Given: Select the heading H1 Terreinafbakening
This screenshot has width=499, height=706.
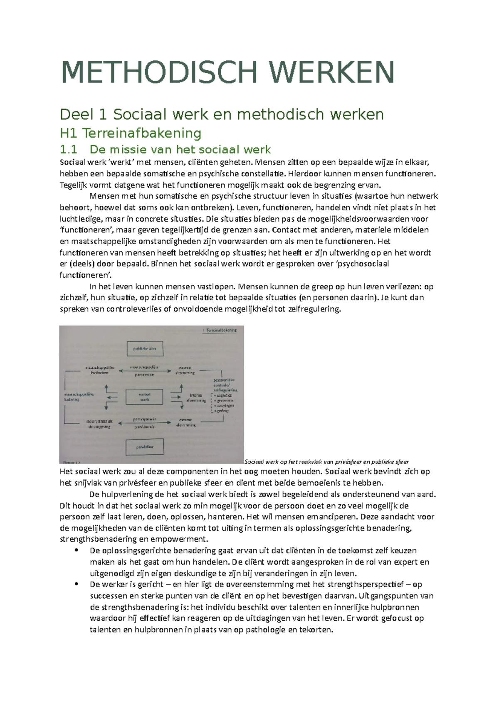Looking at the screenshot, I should click(131, 133).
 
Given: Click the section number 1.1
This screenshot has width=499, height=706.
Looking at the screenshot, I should click(69, 149).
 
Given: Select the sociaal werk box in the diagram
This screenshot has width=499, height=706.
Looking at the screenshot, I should click(144, 397).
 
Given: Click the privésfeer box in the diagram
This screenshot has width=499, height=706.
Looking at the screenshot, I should click(144, 447).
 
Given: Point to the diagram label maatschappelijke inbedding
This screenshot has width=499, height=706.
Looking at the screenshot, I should click(79, 396).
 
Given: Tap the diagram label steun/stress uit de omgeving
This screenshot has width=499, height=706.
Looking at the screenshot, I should click(99, 424).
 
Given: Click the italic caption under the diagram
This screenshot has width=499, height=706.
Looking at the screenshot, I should click(327, 462).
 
